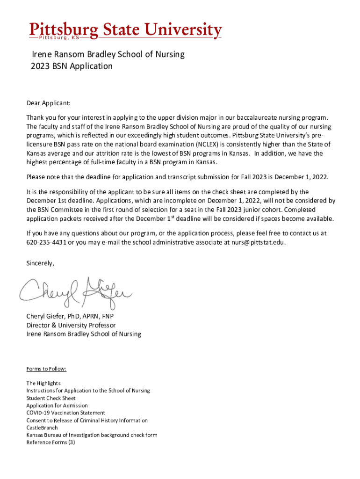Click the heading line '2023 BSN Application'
[72, 66]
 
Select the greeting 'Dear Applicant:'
[48, 103]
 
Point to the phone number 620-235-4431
[46, 242]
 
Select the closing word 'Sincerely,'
[40, 263]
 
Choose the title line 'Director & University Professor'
[71, 325]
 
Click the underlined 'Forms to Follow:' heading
[46, 369]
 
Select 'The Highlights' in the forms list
[43, 383]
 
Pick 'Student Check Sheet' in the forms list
[50, 398]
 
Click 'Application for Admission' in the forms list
[57, 406]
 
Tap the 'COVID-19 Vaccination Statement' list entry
[65, 413]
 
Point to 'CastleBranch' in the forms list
[42, 428]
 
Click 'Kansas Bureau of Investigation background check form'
[92, 435]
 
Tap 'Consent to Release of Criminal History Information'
[87, 420]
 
